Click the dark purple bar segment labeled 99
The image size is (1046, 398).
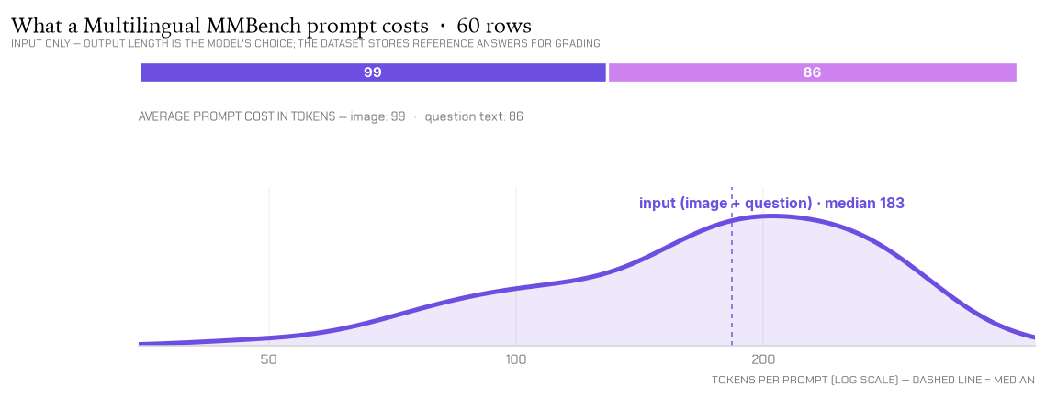(x=373, y=72)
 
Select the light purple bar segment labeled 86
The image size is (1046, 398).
(x=813, y=72)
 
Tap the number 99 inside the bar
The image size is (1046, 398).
(x=373, y=72)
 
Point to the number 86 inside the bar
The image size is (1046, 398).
(x=813, y=72)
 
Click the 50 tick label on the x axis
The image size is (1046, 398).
(x=268, y=360)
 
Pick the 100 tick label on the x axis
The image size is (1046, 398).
(x=516, y=360)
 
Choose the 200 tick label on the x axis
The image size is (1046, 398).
(x=763, y=360)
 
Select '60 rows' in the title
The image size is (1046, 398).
(x=494, y=26)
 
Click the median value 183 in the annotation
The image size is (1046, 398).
(x=891, y=203)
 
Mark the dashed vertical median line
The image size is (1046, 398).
(x=732, y=266)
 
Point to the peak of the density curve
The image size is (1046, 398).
(x=772, y=216)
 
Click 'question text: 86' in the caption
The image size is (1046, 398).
(x=474, y=116)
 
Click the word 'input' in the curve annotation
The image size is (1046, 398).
(x=658, y=204)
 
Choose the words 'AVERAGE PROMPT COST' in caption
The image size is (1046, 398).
(x=195, y=116)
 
